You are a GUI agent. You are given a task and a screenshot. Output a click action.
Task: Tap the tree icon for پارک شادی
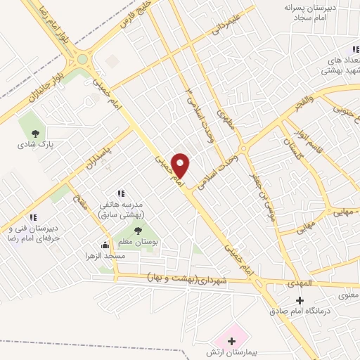34,132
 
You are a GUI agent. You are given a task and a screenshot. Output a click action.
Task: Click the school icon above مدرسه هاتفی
121,192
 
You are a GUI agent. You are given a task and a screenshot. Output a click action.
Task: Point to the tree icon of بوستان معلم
136,230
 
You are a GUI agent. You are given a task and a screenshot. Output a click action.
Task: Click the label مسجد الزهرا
107,256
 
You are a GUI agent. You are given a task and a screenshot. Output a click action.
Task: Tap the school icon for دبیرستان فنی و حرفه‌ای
32,217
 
